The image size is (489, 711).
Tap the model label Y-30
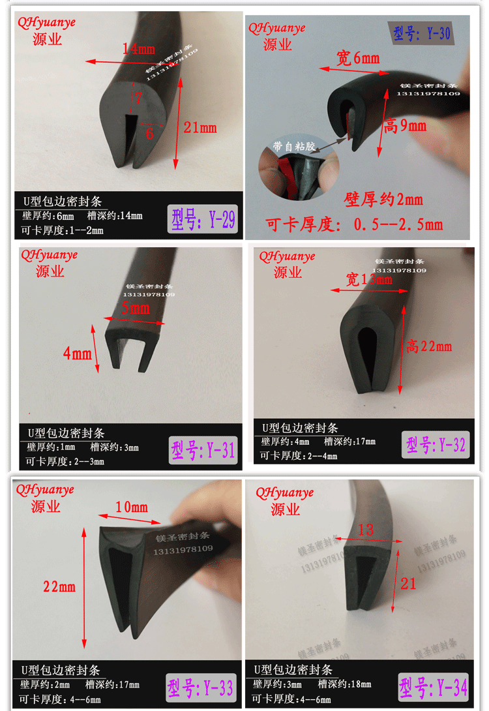coord(422,33)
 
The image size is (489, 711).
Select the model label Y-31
coord(203,449)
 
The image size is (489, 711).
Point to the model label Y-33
coord(200,688)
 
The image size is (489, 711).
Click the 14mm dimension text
coord(138,48)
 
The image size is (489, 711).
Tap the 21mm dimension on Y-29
coord(200,128)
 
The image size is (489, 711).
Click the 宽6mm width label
coord(358,59)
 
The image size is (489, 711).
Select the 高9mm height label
coord(405,125)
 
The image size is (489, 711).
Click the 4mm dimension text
coord(77,354)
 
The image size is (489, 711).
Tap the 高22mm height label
coord(428,346)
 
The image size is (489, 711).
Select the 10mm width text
coord(132,507)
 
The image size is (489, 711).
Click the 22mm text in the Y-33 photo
coord(59,586)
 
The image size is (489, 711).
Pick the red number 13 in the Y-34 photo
coord(366,530)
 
